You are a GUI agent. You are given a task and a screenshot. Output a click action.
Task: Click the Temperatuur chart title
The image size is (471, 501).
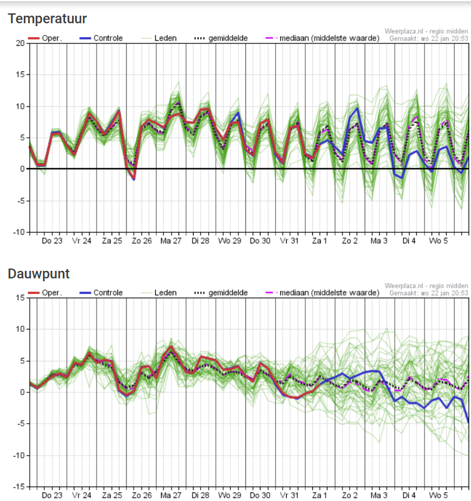47,19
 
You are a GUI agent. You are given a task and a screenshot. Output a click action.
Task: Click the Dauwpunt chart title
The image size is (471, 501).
39,274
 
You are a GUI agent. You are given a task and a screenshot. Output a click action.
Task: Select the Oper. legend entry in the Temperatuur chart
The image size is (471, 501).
45,38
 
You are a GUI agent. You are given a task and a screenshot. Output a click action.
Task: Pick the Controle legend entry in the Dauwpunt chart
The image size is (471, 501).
101,293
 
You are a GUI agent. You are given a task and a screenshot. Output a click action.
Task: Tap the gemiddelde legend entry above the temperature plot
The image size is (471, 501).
221,38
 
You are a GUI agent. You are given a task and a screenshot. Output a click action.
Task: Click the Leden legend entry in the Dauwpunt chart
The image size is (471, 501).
159,293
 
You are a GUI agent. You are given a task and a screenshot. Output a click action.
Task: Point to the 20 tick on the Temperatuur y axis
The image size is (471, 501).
20,43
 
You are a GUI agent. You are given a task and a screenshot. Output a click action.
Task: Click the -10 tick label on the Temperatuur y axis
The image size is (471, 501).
19,232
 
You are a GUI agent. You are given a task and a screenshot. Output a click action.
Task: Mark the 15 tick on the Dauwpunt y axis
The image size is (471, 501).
20,298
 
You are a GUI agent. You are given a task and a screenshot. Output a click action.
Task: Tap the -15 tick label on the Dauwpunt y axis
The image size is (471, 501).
19,486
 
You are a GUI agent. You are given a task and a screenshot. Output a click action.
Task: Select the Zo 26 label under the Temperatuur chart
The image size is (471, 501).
142,241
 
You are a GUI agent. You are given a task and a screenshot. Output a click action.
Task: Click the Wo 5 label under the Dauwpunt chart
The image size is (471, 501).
438,495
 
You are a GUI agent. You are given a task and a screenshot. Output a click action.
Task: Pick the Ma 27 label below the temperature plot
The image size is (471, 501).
171,241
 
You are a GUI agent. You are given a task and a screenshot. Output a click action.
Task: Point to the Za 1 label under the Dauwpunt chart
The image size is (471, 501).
319,495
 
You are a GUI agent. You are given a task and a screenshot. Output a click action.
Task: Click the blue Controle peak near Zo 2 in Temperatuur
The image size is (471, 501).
357,108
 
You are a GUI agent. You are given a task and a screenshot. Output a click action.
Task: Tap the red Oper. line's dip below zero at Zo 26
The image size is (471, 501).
134,178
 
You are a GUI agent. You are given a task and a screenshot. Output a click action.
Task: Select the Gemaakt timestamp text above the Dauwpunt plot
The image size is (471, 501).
429,293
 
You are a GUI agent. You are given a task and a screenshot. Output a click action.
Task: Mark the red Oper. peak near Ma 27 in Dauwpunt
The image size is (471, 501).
172,346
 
